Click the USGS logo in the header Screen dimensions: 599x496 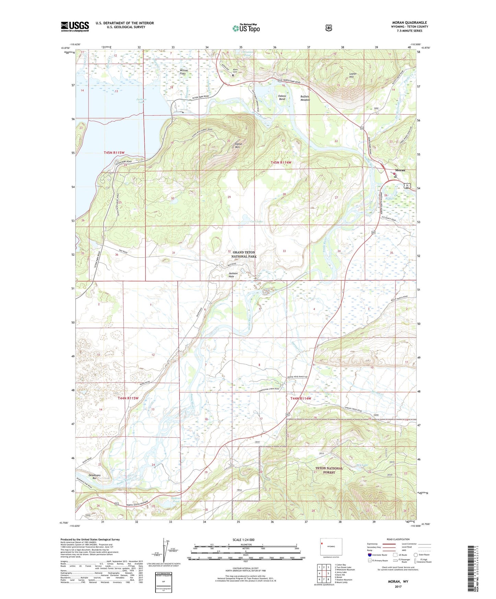pos(75,26)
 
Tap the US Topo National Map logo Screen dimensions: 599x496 pos(245,28)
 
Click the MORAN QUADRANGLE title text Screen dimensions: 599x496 pos(410,23)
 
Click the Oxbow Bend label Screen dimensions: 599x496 pos(282,97)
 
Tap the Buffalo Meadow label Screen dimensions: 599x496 pos(305,98)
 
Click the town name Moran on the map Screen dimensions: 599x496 pos(400,170)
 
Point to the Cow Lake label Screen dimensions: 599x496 pos(256,222)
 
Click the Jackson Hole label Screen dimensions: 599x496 pos(233,275)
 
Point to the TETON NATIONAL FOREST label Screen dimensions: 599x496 pos(329,470)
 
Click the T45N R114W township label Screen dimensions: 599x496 pos(281,162)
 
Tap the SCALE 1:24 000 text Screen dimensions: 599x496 pos(245,540)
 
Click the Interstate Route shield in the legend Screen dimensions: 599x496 pos(370,555)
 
